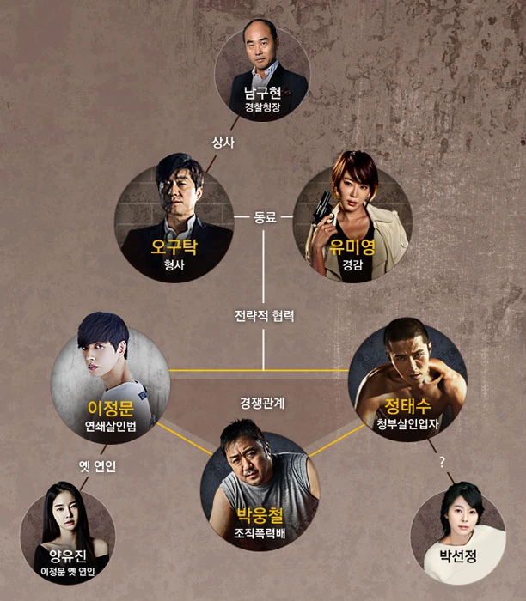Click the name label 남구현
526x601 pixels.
click(x=263, y=93)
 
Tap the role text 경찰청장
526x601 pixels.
click(x=263, y=107)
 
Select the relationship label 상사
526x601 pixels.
click(x=223, y=143)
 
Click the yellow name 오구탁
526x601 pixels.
click(x=174, y=247)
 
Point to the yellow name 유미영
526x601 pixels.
click(x=352, y=247)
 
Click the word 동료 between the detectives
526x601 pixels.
click(x=265, y=217)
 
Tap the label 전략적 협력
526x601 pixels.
click(x=265, y=316)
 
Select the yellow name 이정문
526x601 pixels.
click(x=111, y=408)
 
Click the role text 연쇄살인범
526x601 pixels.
click(x=111, y=426)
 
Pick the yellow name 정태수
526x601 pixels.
click(x=407, y=406)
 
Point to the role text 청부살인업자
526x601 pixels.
click(x=407, y=423)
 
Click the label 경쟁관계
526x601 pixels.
click(x=262, y=403)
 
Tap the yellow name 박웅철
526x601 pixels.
click(x=260, y=515)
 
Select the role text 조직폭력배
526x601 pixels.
click(x=260, y=533)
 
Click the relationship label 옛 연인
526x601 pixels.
click(x=97, y=466)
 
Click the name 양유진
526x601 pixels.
click(x=68, y=556)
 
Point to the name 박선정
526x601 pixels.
click(x=458, y=556)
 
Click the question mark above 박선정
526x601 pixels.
click(x=442, y=462)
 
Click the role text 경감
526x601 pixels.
click(x=352, y=264)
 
